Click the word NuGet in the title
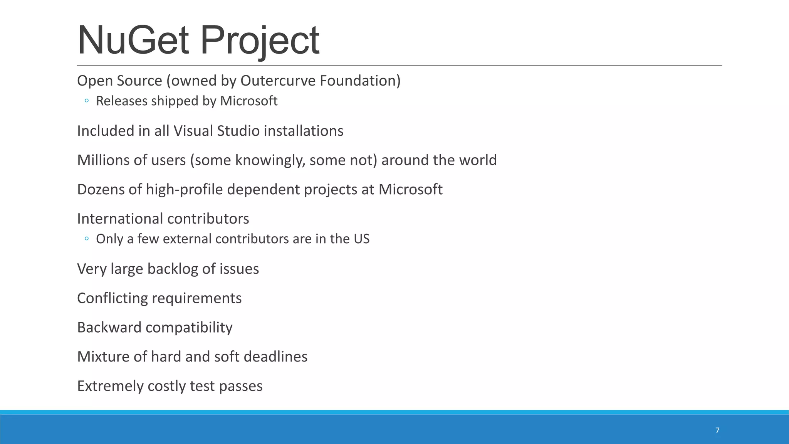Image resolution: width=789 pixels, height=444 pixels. [133, 40]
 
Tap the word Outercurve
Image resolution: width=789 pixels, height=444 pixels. [278, 81]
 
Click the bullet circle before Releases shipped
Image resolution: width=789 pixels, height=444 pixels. [87, 101]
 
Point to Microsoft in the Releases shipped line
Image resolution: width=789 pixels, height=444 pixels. [248, 101]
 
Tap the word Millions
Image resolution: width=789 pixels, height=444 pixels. [102, 160]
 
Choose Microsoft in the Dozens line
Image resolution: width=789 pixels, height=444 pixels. [410, 190]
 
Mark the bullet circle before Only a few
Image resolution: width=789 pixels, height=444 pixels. [87, 239]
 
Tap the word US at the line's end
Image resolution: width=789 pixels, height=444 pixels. [361, 239]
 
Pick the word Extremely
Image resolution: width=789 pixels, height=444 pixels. [110, 386]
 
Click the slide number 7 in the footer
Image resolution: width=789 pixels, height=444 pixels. [717, 431]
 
